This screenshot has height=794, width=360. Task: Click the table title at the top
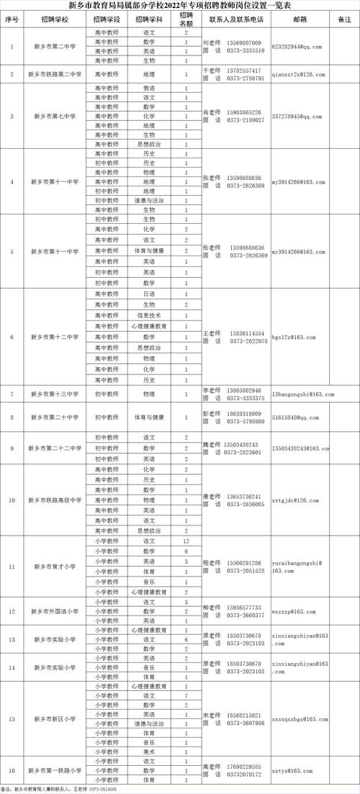coord(180,6)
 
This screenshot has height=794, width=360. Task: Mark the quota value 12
coord(186,540)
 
